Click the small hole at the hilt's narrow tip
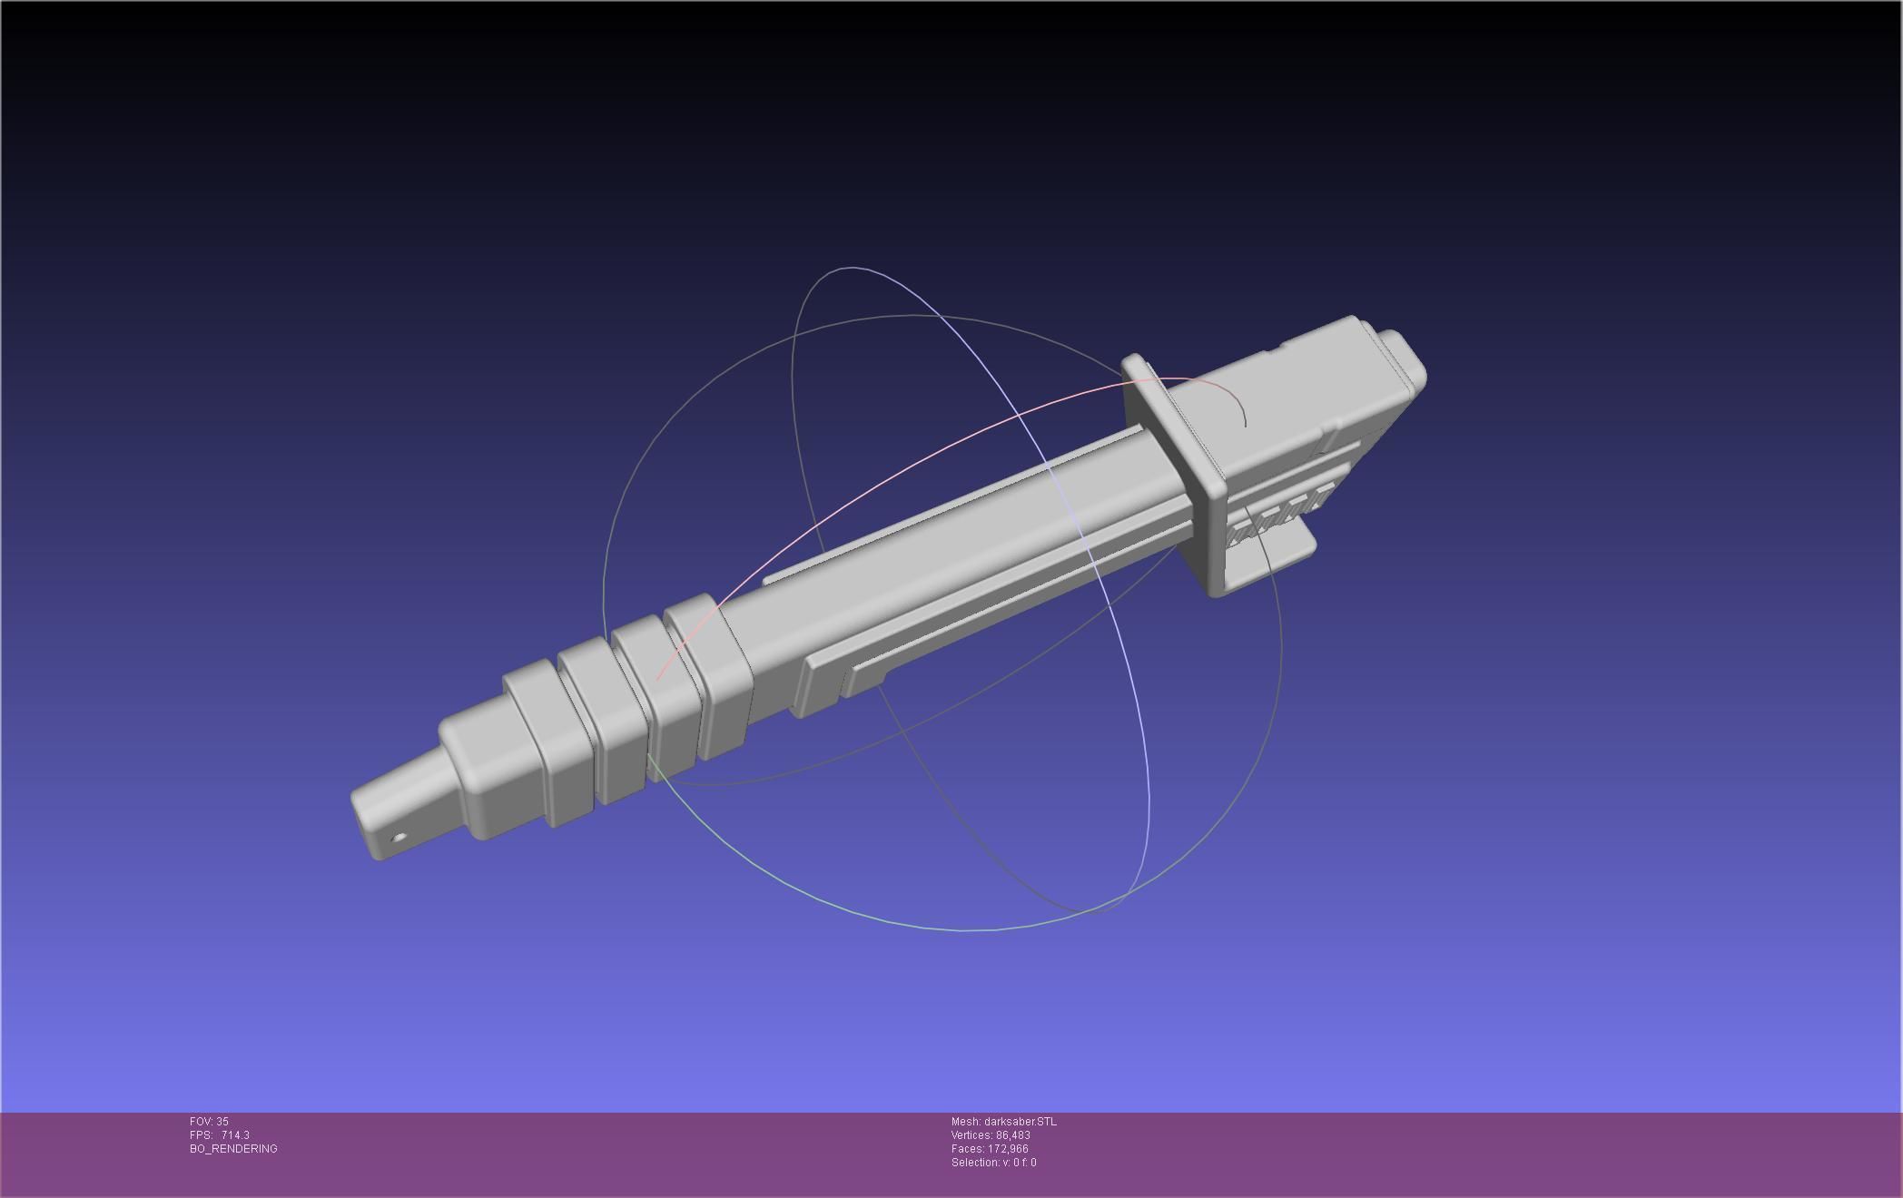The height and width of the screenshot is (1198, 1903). coord(399,839)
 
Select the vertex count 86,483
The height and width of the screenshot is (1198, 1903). coord(1012,1135)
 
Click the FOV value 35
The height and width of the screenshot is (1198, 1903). coord(222,1122)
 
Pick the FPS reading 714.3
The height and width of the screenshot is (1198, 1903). coord(235,1135)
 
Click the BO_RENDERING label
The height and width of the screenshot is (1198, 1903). coord(233,1149)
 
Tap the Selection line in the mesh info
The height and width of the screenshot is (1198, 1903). coord(993,1163)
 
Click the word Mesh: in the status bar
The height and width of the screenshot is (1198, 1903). coord(966,1122)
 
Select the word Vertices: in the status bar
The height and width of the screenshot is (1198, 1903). coord(972,1135)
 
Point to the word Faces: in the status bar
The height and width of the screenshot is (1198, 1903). coord(967,1149)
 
